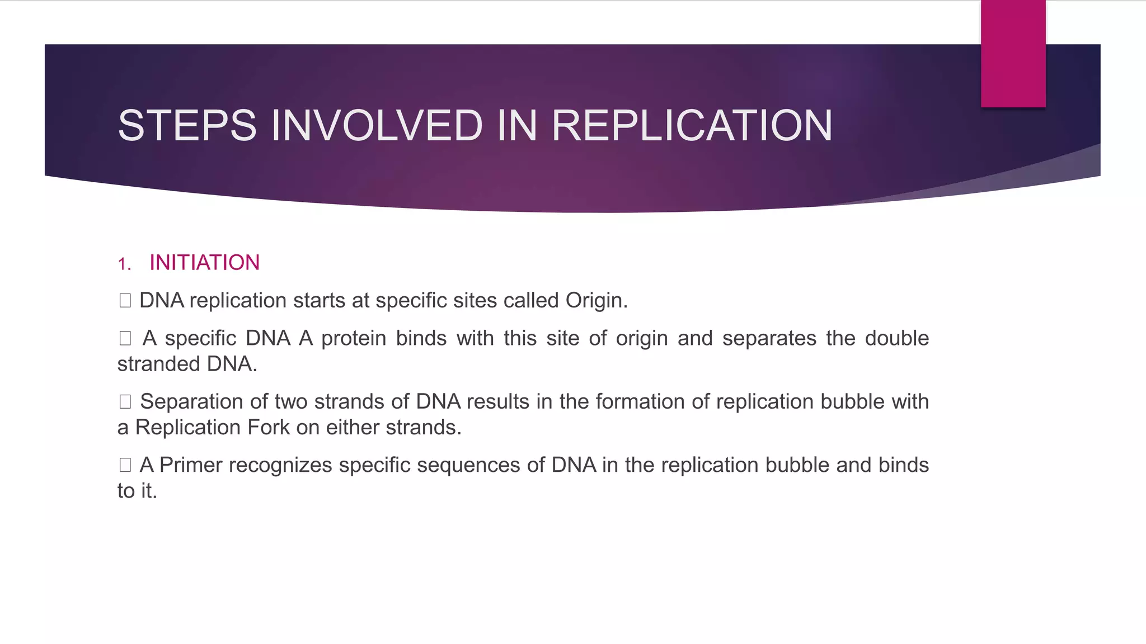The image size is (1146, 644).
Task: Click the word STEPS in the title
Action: (187, 125)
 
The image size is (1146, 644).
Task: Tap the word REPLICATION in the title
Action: (692, 125)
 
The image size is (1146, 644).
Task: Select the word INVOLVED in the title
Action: (377, 125)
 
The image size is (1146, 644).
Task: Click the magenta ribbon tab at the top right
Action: (1013, 54)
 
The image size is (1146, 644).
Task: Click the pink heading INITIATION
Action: (204, 263)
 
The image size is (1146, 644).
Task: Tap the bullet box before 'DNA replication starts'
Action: (125, 301)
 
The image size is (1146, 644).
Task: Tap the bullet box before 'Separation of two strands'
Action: (125, 401)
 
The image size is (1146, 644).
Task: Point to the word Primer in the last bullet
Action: (191, 465)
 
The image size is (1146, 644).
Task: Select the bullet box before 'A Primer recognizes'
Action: (125, 465)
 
